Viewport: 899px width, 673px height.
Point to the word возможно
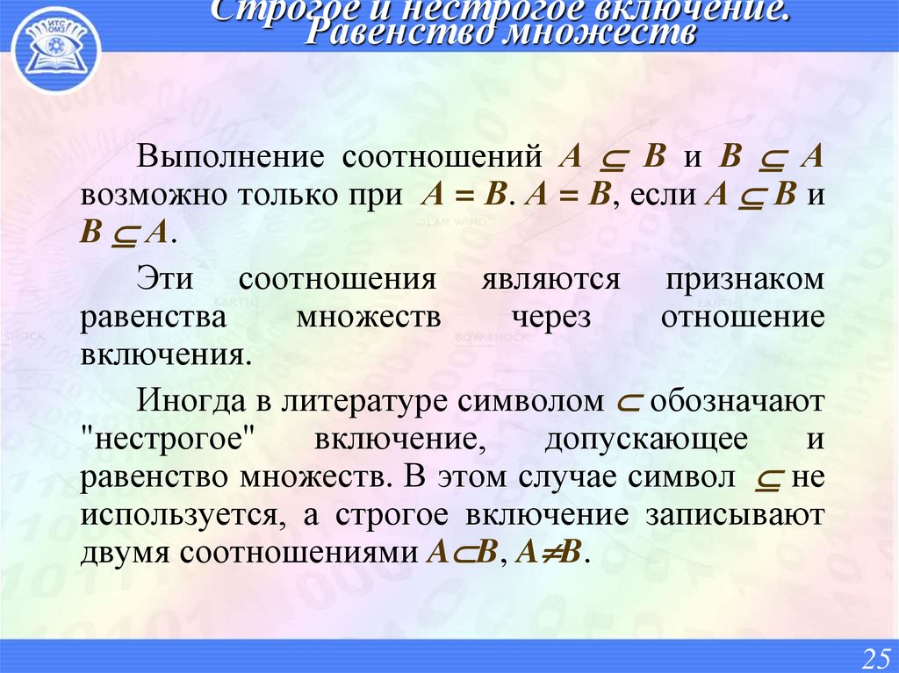150,195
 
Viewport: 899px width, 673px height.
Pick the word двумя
126,554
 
